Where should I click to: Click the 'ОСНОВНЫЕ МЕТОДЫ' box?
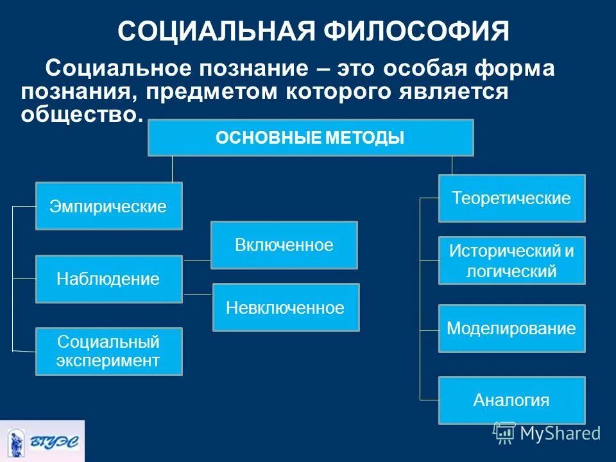point(311,137)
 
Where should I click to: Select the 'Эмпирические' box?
point(108,206)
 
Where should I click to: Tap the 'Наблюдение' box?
point(108,279)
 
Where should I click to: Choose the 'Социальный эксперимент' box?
point(108,351)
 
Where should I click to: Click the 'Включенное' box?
point(284,245)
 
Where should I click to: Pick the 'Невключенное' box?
point(286,307)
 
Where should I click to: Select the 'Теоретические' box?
point(511,198)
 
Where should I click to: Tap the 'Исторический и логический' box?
point(511,261)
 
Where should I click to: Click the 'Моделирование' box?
point(511,329)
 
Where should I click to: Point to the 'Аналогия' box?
point(511,400)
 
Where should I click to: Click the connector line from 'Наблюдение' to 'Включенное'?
point(197,261)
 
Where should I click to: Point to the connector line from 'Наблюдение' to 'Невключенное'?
point(198,295)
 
